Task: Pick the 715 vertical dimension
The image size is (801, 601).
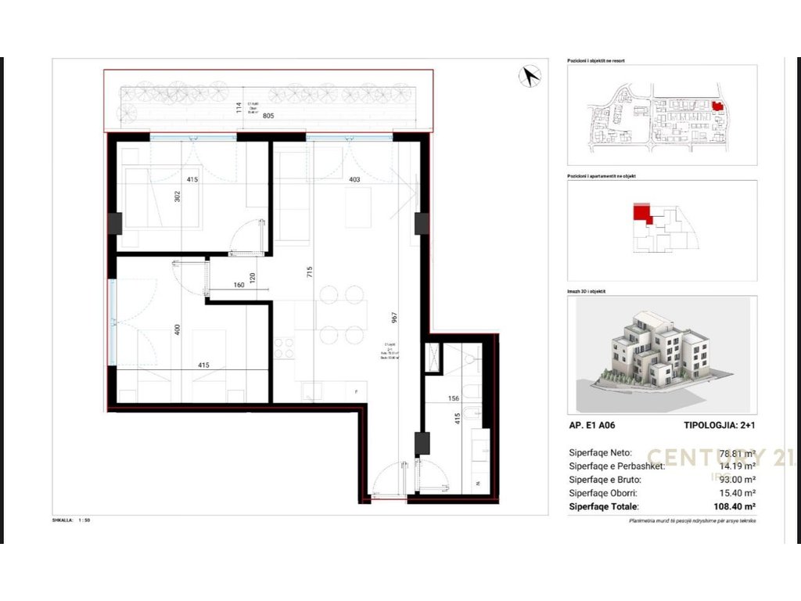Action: click(311, 273)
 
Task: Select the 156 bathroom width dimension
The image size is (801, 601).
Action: click(453, 398)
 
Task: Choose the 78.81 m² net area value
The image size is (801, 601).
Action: click(737, 453)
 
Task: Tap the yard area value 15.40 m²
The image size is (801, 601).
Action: click(737, 493)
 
